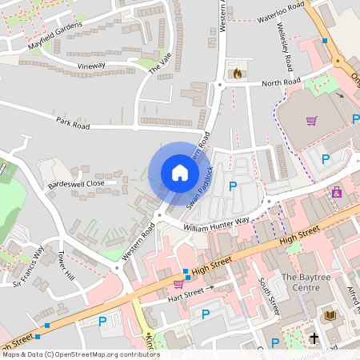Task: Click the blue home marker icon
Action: click(x=180, y=173)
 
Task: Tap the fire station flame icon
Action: click(x=237, y=74)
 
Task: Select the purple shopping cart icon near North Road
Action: click(x=311, y=121)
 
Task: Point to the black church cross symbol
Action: click(x=314, y=339)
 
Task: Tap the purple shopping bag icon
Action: click(x=336, y=192)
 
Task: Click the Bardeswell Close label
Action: click(x=76, y=183)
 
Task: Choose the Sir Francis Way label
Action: click(x=29, y=265)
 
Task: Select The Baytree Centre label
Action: click(x=306, y=282)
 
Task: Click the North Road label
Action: click(x=281, y=82)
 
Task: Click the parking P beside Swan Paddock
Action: click(x=233, y=186)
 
